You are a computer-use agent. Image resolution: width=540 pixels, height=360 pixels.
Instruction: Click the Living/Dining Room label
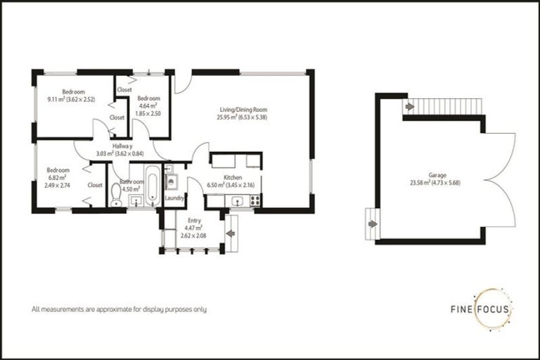tap(243, 110)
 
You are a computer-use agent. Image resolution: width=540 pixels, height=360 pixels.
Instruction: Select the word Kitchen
tap(233, 177)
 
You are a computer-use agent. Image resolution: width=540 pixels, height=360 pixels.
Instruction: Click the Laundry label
tap(174, 198)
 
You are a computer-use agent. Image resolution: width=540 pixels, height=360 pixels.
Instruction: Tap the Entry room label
tap(193, 220)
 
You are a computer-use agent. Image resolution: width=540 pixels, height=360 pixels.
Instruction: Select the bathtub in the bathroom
tap(151, 183)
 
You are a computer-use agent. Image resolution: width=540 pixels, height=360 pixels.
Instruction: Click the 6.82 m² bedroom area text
tap(57, 177)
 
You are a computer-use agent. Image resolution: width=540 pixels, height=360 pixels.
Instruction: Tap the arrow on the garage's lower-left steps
tap(373, 224)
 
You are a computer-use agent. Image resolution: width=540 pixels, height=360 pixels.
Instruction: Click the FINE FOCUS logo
tap(482, 309)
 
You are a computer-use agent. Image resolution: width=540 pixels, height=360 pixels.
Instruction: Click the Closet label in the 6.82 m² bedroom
tap(95, 185)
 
